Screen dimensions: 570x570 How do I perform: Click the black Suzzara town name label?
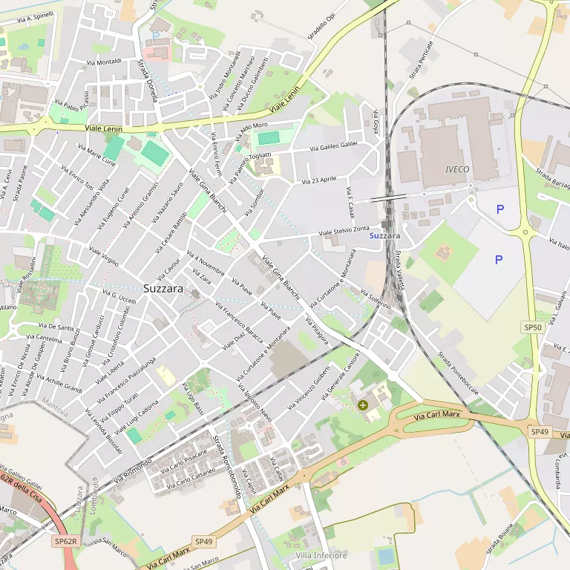tap(163, 289)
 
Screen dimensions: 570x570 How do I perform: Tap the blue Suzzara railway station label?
tap(384, 236)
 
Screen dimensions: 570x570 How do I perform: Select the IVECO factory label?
tap(457, 169)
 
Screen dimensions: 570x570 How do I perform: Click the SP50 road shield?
tap(534, 327)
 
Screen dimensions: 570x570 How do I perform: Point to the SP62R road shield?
tap(66, 543)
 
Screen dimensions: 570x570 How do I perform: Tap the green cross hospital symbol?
tap(363, 405)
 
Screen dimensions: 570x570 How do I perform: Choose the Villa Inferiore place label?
tap(321, 556)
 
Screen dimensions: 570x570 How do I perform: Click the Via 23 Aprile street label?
tap(319, 180)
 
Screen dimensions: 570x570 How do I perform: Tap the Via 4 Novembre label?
tap(206, 262)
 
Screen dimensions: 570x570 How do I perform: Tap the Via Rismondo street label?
tap(133, 466)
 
